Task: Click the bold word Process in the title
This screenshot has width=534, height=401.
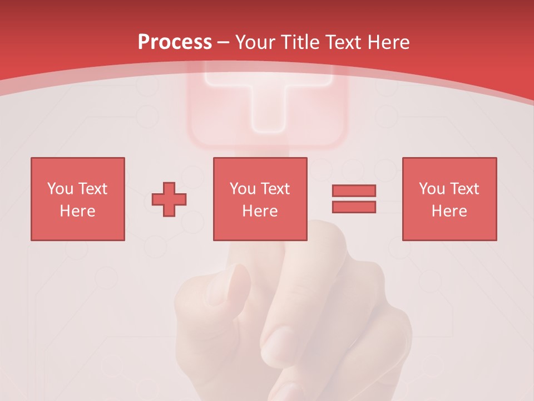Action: pyautogui.click(x=175, y=42)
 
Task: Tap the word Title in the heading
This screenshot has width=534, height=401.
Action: pyautogui.click(x=300, y=42)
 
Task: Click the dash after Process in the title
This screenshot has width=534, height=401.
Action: pyautogui.click(x=224, y=42)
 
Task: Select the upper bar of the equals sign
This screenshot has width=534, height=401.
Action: pyautogui.click(x=354, y=190)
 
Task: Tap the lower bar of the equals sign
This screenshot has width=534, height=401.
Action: pyautogui.click(x=354, y=207)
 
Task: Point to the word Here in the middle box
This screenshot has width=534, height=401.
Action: pyautogui.click(x=260, y=211)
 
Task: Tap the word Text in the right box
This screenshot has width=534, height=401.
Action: pyautogui.click(x=464, y=189)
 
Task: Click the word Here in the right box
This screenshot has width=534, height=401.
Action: pyautogui.click(x=449, y=211)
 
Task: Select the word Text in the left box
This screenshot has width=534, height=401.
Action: pyautogui.click(x=92, y=189)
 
